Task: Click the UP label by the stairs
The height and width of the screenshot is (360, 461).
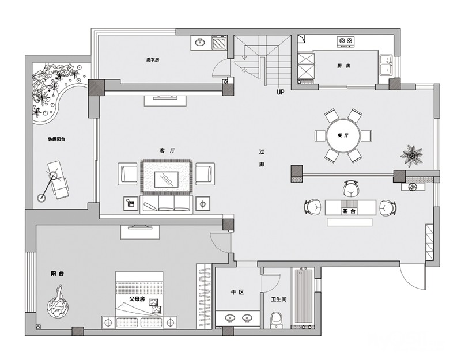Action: click(x=281, y=92)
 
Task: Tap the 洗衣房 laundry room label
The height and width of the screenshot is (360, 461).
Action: click(x=153, y=60)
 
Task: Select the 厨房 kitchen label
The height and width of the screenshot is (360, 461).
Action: click(x=343, y=66)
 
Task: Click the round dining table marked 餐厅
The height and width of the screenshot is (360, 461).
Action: click(x=343, y=135)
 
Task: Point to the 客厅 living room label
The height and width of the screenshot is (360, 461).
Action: click(x=167, y=151)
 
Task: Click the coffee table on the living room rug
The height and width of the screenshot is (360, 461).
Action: click(x=167, y=180)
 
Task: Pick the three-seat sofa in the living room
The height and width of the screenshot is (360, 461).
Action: click(x=167, y=204)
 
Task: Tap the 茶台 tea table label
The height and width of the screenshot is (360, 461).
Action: click(x=349, y=211)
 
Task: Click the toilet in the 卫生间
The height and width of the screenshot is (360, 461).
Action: click(x=277, y=320)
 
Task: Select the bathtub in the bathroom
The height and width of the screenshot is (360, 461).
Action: click(x=303, y=297)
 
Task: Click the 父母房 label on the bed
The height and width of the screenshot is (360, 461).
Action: click(x=137, y=299)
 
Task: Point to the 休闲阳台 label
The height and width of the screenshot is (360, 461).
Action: click(x=56, y=139)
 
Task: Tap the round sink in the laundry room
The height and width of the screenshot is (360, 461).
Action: click(x=201, y=43)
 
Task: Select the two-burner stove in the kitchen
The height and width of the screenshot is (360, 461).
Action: click(x=345, y=42)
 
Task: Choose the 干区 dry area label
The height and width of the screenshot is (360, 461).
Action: click(x=237, y=293)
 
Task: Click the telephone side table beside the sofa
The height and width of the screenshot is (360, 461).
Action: click(x=131, y=203)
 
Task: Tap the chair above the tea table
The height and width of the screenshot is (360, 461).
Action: click(x=351, y=188)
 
